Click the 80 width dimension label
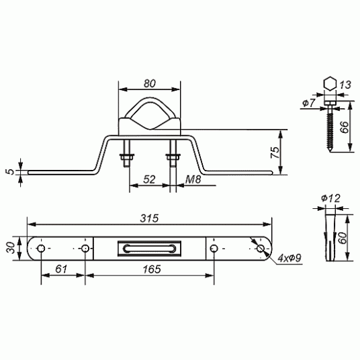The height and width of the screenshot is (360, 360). (150, 83)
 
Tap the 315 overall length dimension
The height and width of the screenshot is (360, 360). (150, 218)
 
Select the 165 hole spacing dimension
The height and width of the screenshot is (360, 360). (152, 269)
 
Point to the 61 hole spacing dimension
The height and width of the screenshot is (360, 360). (61, 269)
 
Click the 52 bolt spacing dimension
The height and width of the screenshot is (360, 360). (149, 179)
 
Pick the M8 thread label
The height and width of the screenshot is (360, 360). (193, 179)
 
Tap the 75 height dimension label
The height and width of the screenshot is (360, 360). (275, 152)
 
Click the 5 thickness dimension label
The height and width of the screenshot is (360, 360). (10, 171)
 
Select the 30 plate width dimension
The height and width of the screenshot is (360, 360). (11, 248)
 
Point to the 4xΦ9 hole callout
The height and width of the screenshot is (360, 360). (289, 259)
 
